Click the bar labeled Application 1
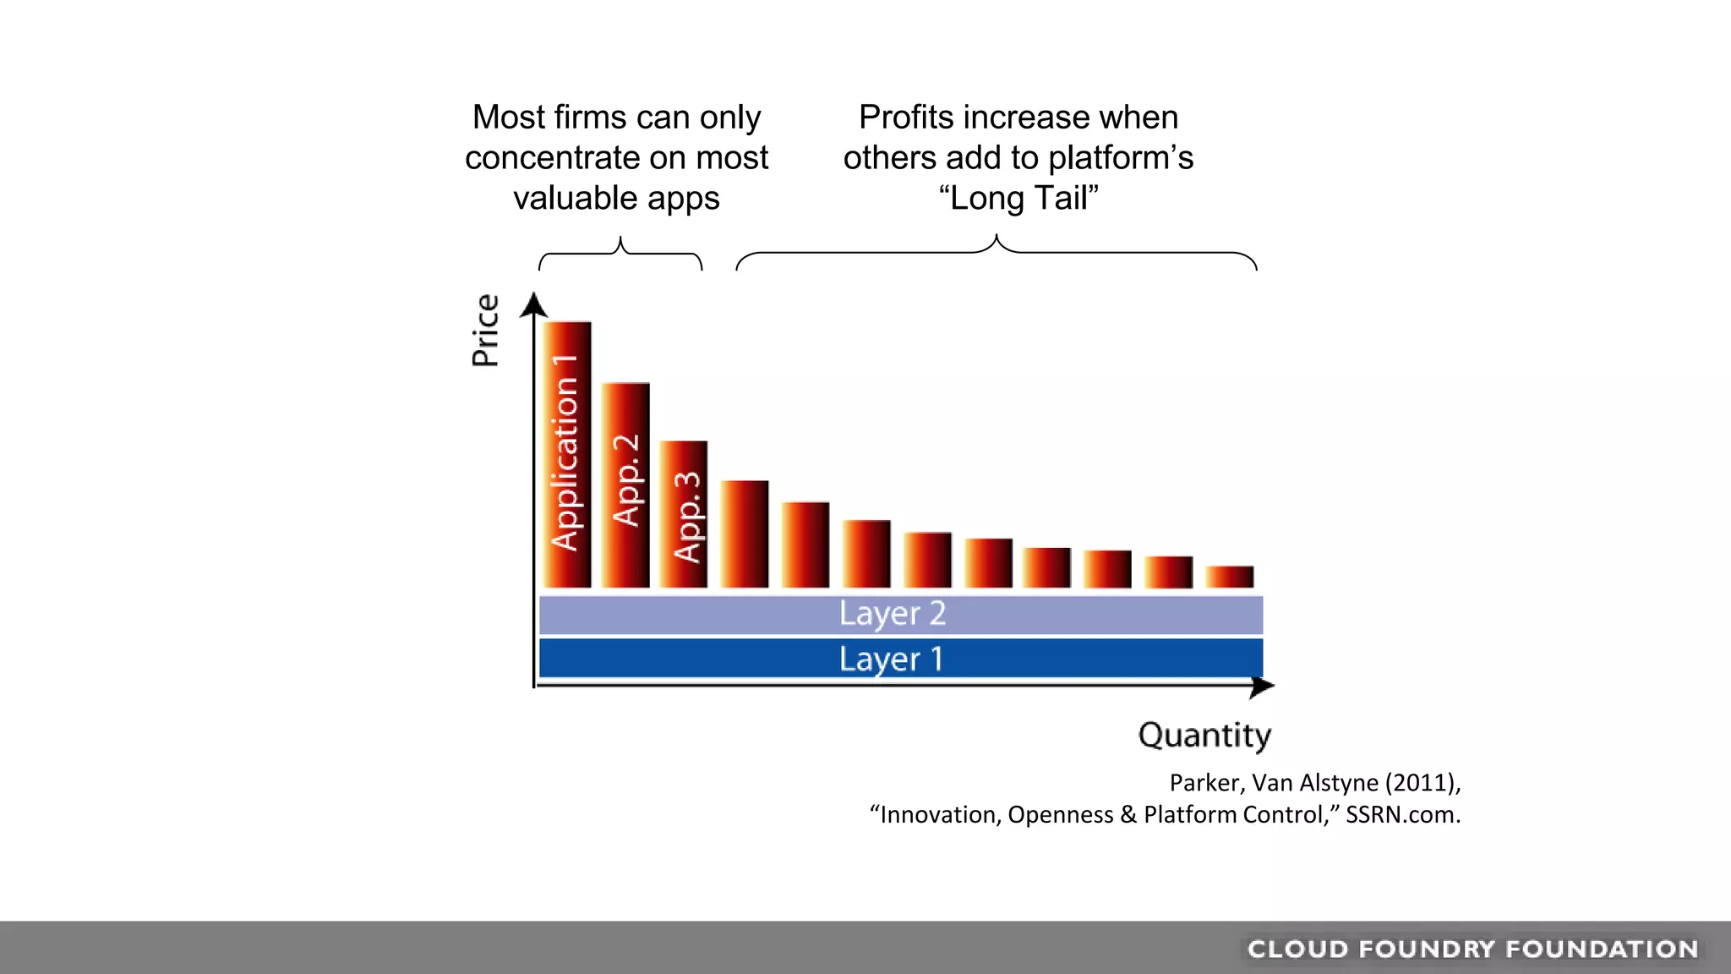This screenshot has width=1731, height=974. point(566,455)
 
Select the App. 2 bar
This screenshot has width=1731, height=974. point(625,484)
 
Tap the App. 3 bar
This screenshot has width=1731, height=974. point(684,514)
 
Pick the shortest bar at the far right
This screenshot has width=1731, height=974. point(1229,577)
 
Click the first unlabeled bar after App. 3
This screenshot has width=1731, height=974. point(745,534)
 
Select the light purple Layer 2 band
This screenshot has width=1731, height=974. point(900,615)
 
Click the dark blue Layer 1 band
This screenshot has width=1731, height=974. point(900,659)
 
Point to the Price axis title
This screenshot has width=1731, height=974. point(485,331)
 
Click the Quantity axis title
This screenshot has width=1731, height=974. point(1204,735)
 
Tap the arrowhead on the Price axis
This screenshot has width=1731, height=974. point(533,304)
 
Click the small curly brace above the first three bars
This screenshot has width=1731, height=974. point(620,253)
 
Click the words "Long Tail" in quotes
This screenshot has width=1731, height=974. point(1018,198)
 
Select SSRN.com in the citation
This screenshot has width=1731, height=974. point(1402,815)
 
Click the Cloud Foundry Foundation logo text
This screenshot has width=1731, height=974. point(1472,949)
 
